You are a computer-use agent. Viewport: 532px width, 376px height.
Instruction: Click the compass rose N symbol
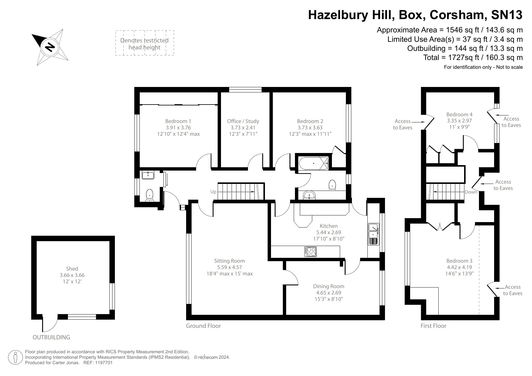coord(50,47)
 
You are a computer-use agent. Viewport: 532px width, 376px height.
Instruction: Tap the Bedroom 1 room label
coord(178,121)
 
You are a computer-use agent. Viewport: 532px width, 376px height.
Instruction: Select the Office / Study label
coord(243,121)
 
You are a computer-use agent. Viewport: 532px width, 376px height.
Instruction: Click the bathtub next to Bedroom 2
coord(313,163)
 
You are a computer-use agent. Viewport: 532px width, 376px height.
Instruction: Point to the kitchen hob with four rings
coord(310,251)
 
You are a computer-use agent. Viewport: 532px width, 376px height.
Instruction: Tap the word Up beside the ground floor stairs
coord(213,192)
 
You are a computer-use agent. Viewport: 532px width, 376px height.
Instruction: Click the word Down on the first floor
coord(471,192)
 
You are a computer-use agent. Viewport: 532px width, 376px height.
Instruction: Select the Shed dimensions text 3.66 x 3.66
coord(72,275)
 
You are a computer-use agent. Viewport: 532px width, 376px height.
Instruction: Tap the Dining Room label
coord(329,286)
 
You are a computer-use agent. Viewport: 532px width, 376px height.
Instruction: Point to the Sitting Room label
coord(229,261)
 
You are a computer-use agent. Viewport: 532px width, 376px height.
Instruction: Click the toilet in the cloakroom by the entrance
coord(150,195)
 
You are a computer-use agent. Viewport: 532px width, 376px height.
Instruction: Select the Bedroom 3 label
coord(459,261)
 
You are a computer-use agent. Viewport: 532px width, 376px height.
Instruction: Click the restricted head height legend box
coord(145,43)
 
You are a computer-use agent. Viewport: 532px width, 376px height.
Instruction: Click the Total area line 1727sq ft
coord(473,58)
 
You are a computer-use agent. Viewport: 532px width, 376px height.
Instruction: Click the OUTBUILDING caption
coord(51,337)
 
